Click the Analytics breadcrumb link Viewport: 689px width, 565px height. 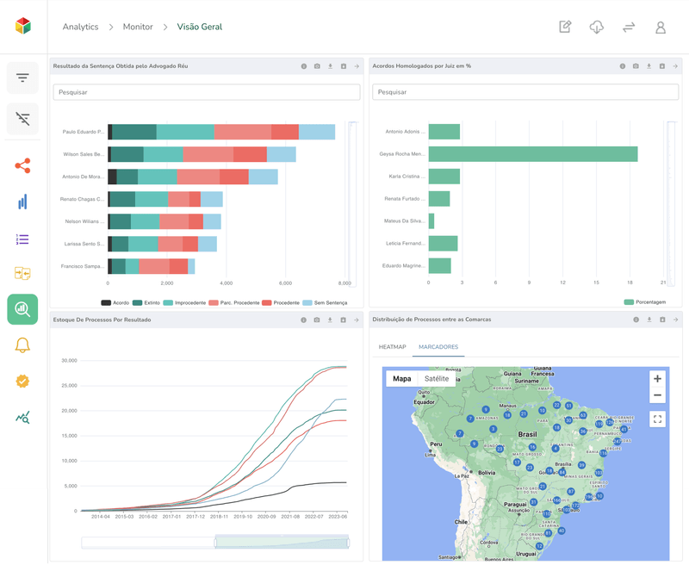(x=80, y=27)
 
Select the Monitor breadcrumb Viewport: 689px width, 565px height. (x=138, y=27)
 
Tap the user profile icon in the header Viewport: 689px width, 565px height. (x=661, y=28)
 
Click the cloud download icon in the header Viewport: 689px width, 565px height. (x=596, y=28)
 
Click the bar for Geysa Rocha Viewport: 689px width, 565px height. (x=532, y=154)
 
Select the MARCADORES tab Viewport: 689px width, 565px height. (x=438, y=347)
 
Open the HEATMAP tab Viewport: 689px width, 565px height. (x=392, y=347)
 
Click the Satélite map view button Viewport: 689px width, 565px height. (x=437, y=378)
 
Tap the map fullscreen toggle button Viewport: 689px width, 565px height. (x=657, y=419)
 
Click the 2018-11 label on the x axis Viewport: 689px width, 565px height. (x=218, y=517)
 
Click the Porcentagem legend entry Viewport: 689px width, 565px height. (x=646, y=303)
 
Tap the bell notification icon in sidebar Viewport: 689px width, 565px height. (x=22, y=345)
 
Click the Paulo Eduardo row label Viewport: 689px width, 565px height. (x=83, y=132)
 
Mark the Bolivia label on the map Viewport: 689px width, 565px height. (x=487, y=473)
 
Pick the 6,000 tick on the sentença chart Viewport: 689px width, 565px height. (x=285, y=282)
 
